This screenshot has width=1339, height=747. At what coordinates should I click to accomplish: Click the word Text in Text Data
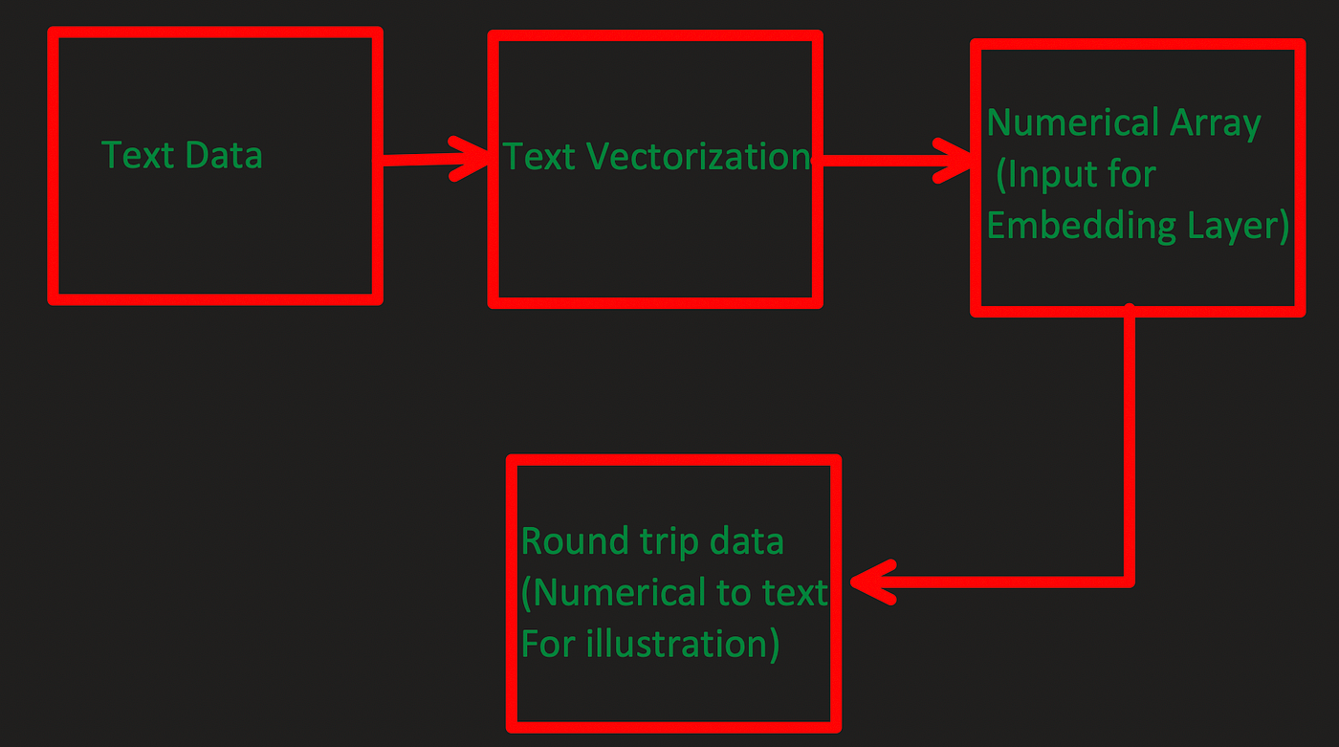tap(138, 155)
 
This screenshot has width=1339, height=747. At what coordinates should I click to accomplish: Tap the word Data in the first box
tap(224, 155)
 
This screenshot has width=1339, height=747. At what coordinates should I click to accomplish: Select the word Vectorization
tap(698, 157)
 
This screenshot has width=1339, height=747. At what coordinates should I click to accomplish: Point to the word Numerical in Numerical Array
tap(1073, 122)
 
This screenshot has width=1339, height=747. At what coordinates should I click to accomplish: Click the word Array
tap(1216, 125)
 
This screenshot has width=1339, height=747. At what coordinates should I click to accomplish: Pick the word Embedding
tap(1082, 227)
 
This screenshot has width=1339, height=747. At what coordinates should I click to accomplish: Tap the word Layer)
tap(1238, 227)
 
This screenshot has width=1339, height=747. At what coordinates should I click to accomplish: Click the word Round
tap(575, 541)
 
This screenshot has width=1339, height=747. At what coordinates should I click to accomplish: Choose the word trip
tap(669, 542)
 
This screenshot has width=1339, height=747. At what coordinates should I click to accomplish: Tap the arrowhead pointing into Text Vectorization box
tap(470, 159)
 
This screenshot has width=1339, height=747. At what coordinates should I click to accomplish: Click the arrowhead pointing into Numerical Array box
tap(954, 160)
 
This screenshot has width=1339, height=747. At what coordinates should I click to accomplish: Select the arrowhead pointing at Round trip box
tap(872, 582)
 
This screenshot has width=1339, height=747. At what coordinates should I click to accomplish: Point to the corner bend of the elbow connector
tap(1130, 582)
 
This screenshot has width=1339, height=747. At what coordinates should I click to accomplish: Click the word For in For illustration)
tap(548, 645)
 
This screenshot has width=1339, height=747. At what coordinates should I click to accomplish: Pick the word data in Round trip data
tap(747, 541)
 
